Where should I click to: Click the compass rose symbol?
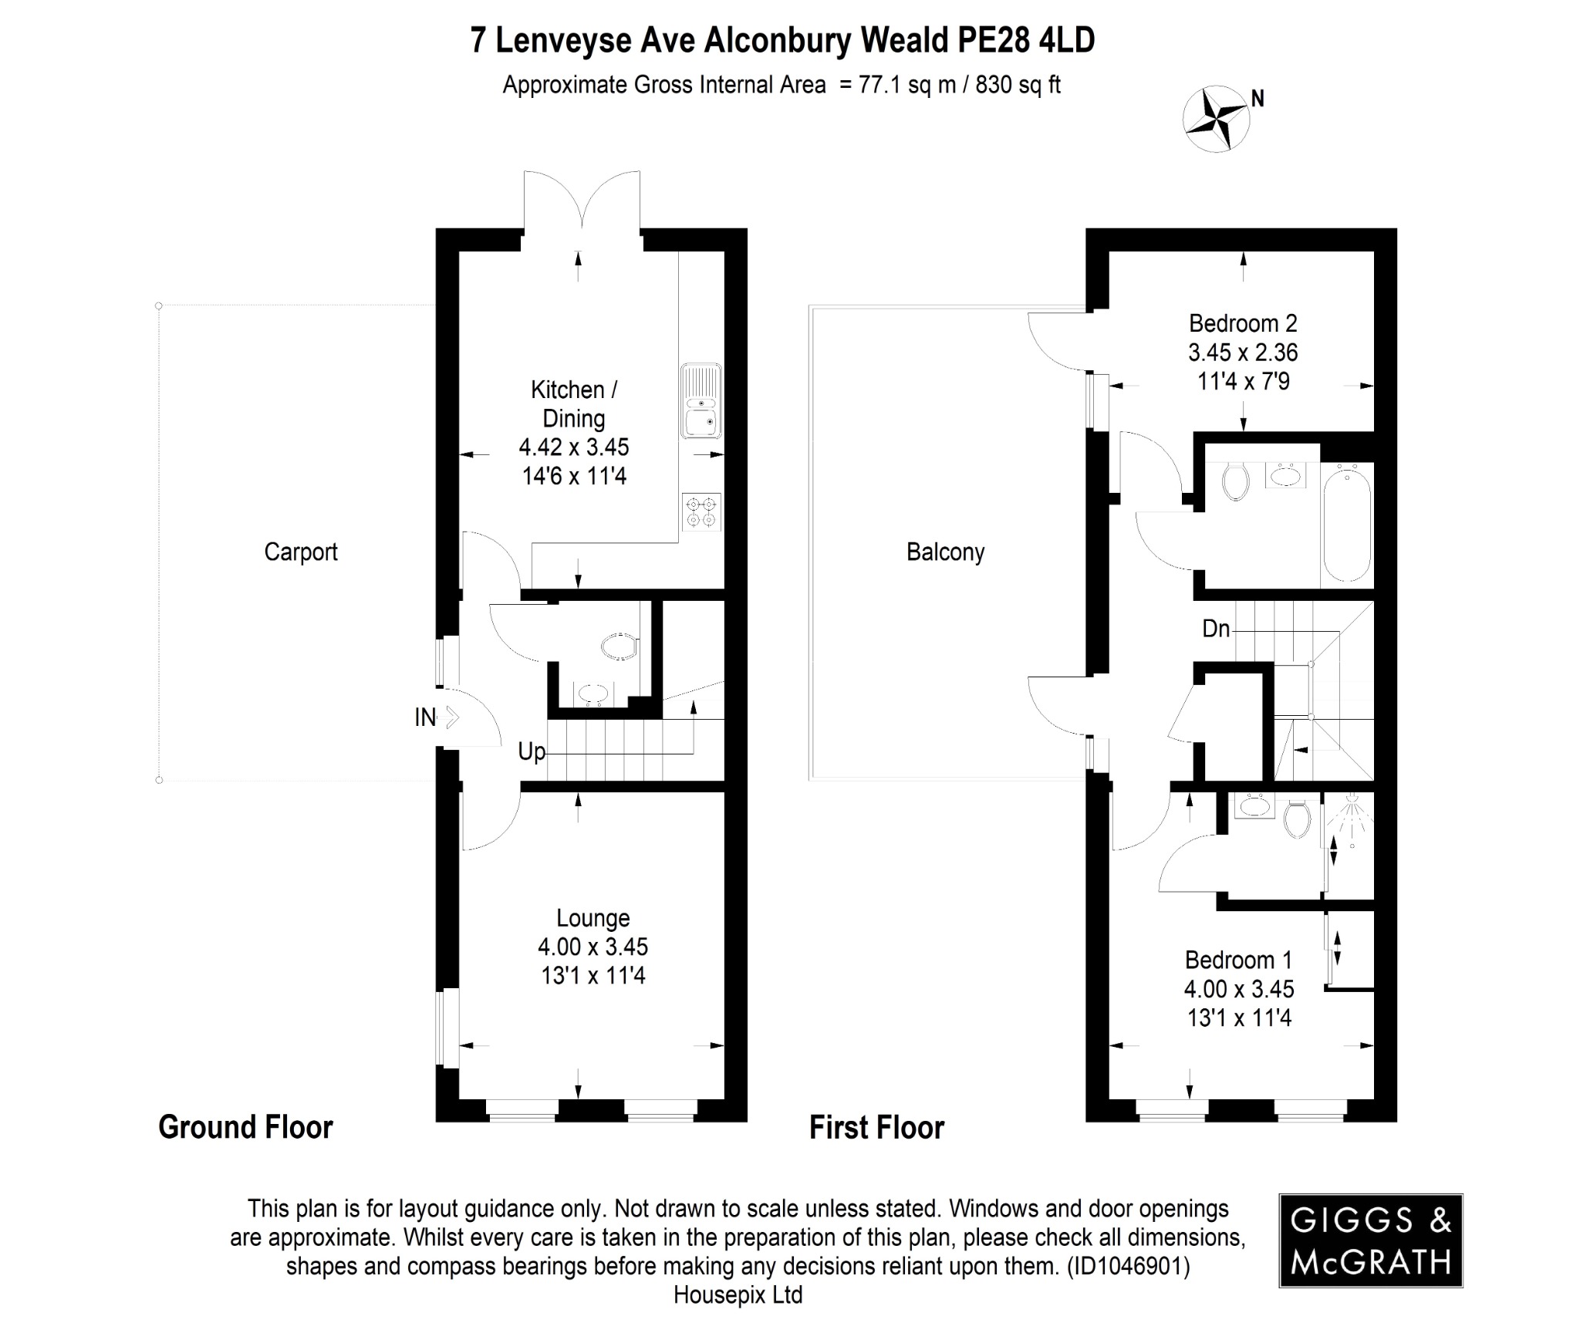point(1216,119)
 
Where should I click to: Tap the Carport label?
point(301,552)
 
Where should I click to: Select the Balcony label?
point(945,552)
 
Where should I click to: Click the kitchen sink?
point(701,401)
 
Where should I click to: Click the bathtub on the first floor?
point(1347,521)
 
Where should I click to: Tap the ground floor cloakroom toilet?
point(620,646)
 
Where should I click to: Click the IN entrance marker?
point(425,717)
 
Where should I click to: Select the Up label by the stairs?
point(532,751)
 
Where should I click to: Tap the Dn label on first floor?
point(1216,629)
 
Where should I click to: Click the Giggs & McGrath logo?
point(1370,1241)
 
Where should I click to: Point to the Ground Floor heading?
point(245,1127)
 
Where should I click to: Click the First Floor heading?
point(876,1128)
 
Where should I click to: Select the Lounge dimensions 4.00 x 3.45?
point(592,947)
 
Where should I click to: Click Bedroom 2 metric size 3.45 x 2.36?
point(1243,353)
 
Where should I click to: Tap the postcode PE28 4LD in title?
point(1025,41)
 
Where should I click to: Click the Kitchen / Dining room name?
point(574,404)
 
